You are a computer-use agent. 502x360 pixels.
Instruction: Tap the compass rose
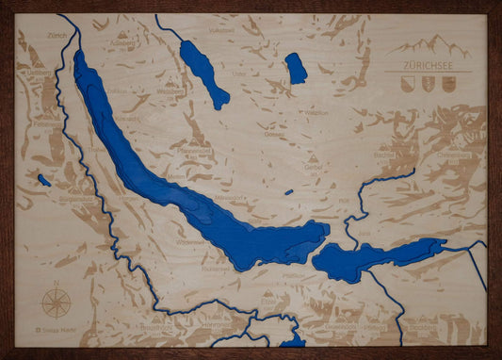click(x=57, y=303)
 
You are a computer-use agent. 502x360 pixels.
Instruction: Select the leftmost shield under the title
click(x=407, y=85)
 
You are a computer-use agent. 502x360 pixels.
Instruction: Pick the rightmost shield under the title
click(x=447, y=85)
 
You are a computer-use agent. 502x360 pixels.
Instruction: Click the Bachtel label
click(x=382, y=154)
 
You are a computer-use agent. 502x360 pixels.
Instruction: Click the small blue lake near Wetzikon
click(x=296, y=68)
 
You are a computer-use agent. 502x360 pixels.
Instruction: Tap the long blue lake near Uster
click(x=203, y=73)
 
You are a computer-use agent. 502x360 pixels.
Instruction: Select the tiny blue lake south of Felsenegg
click(x=44, y=180)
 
